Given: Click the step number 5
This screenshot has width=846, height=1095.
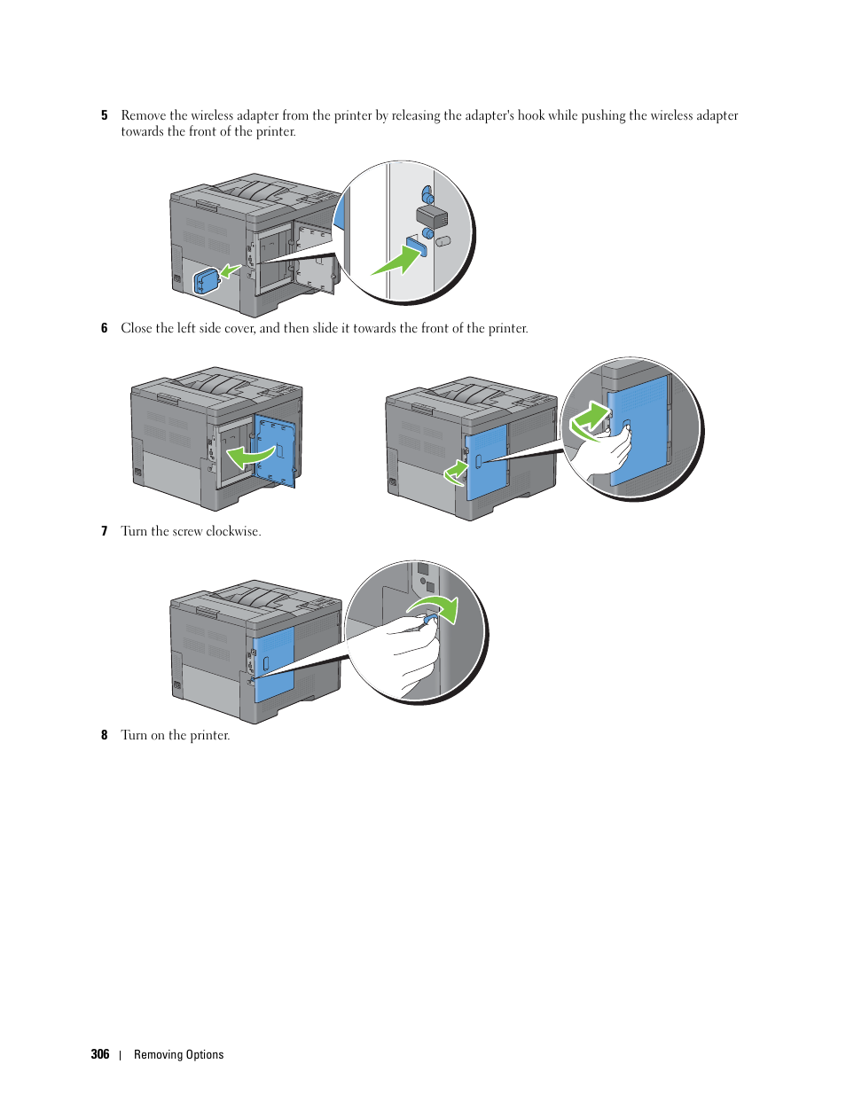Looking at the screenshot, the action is coord(105,115).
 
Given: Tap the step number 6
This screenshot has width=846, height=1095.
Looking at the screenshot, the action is coord(105,328).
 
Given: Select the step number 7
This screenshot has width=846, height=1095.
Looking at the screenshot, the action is coord(105,531).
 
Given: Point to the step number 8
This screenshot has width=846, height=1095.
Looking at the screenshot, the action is coord(105,735).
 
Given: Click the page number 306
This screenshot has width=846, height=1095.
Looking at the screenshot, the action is coord(100,1054).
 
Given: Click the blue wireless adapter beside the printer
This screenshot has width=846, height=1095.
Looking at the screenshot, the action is coord(206,281).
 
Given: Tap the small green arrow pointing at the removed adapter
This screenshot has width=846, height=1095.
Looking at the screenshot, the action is coord(231,270).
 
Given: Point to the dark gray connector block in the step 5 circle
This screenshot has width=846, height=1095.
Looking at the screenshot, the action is coord(432,215).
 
